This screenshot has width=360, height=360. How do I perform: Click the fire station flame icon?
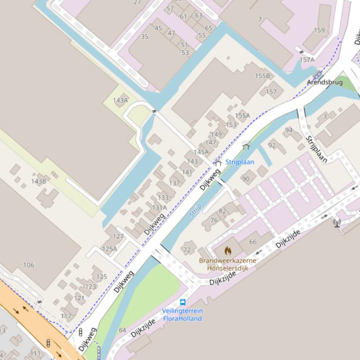[x=228, y=251]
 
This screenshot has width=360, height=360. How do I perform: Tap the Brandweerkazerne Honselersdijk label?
[x=228, y=264]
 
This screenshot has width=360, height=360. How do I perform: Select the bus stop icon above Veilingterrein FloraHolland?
[x=183, y=302]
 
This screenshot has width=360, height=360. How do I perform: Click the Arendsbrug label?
[x=324, y=82]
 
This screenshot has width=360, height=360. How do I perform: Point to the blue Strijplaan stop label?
[x=240, y=162]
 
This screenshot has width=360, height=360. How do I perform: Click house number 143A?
[x=120, y=100]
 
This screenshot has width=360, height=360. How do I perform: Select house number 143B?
[x=38, y=181]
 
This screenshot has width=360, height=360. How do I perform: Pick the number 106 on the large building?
[x=29, y=265]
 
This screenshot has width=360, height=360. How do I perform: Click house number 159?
[x=319, y=30]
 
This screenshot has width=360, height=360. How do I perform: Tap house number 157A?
[x=307, y=60]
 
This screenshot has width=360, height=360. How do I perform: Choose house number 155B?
[x=262, y=76]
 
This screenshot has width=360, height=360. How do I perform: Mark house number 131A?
[x=159, y=208]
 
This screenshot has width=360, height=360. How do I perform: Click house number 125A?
[x=110, y=249]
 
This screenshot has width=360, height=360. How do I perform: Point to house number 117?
[x=66, y=316]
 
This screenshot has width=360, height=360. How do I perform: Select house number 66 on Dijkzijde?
[x=253, y=242]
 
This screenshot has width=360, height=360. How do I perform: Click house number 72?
[x=187, y=250]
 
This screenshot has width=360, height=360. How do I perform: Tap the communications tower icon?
[x=337, y=223]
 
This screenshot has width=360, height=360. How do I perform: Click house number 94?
[x=288, y=130]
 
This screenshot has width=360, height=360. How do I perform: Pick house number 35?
[x=145, y=36]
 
